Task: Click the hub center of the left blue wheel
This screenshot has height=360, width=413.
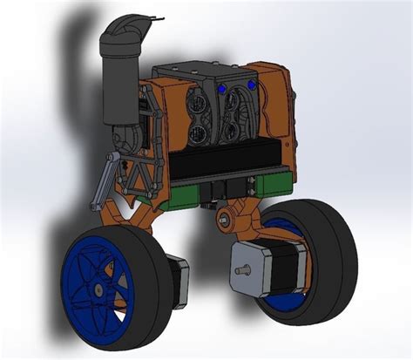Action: (98, 287)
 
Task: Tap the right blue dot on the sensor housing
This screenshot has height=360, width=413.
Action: (253, 85)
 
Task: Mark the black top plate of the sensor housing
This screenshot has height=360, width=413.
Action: (196, 68)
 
